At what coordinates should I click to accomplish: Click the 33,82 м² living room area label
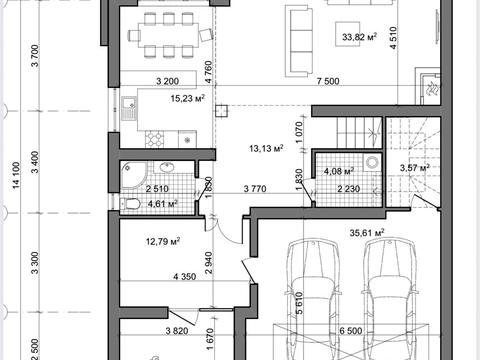coord(359,36)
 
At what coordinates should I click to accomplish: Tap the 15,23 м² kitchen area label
coord(187,98)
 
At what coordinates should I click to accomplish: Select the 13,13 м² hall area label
coord(266,148)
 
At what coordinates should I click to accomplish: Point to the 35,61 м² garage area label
coord(367,233)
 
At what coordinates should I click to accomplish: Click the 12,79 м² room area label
coord(163,241)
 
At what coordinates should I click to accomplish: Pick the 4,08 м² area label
coord(339,171)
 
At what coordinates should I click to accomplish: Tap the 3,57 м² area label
coord(415,168)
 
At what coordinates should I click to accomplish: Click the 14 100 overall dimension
coord(16,175)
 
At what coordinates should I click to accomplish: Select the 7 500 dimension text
coord(328,81)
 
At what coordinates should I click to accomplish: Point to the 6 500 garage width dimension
coord(351,331)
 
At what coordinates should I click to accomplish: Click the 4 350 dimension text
coord(185,277)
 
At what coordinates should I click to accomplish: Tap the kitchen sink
coord(129,108)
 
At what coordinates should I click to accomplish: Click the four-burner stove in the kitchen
coord(154,139)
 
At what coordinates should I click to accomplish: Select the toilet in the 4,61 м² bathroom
coord(130,204)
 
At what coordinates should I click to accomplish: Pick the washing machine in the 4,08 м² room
coord(372,162)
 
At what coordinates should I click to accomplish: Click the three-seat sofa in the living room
coord(299,42)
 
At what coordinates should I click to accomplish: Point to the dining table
coord(169,35)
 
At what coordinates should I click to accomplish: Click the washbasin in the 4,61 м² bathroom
coord(168,167)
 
